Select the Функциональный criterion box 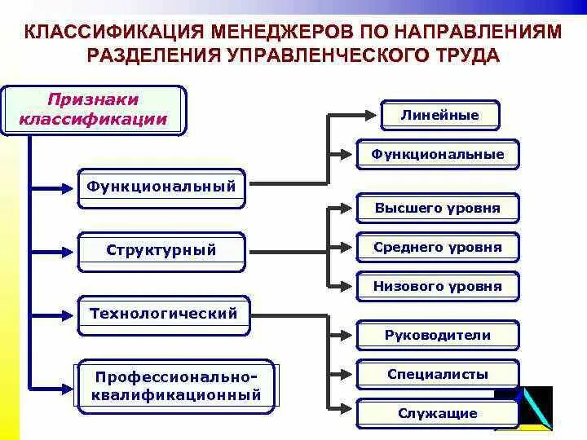[x=161, y=187]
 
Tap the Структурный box [x=161, y=250]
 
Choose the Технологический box [x=164, y=314]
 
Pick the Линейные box [x=439, y=116]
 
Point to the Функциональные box [x=438, y=154]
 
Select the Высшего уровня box [x=438, y=208]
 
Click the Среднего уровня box [x=438, y=247]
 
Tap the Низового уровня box [x=438, y=286]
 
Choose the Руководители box [x=438, y=335]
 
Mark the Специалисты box [x=438, y=374]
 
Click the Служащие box [x=438, y=413]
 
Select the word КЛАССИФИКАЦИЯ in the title [x=113, y=34]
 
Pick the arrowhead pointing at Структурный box [x=69, y=251]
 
